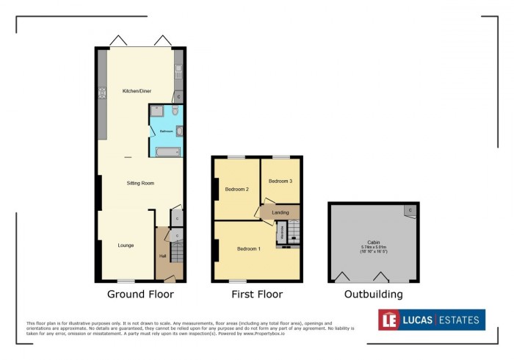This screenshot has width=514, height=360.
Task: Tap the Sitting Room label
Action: coord(140,183)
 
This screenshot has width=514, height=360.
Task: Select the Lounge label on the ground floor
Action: coord(125,245)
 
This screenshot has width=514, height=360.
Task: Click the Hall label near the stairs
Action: coord(162,256)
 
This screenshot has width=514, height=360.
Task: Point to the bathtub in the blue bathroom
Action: coord(167,152)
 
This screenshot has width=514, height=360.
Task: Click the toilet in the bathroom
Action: coord(174,110)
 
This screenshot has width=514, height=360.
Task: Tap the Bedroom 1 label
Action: coord(248,249)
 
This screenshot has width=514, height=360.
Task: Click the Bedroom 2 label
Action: coord(236,190)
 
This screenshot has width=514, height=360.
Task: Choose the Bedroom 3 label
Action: coord(280,181)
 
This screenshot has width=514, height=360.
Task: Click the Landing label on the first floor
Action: coord(280,213)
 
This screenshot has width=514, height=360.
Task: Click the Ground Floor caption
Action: coord(140,295)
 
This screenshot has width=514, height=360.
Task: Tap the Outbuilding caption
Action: coord(374,295)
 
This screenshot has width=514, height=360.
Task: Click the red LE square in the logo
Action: coord(389,320)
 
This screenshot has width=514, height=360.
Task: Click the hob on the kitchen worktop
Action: coord(102,93)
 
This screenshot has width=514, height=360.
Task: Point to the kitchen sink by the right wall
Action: coord(178,71)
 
